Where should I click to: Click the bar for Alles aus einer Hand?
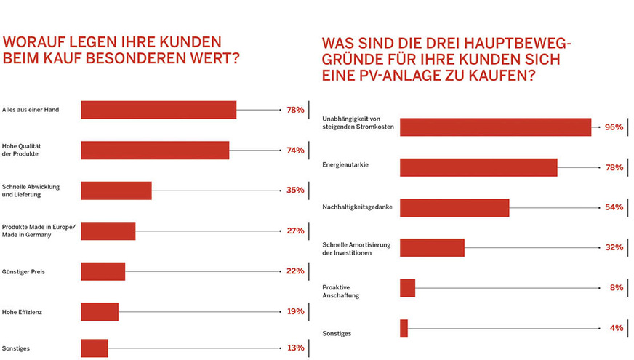[158, 110]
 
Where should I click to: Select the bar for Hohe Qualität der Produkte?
[155, 150]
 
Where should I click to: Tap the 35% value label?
[295, 191]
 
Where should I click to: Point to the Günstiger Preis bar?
[103, 271]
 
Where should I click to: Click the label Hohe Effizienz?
[23, 312]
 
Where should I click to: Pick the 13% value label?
[295, 348]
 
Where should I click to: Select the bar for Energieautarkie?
[478, 167]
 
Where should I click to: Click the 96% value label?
[614, 127]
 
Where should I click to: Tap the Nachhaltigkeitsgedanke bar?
[454, 207]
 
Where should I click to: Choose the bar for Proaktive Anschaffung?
[407, 288]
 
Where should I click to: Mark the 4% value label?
[617, 328]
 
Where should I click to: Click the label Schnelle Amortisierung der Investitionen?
[357, 249]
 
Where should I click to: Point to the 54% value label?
[614, 207]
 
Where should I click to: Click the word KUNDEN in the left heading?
[185, 41]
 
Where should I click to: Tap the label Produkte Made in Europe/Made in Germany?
[39, 231]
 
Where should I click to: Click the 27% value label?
[295, 231]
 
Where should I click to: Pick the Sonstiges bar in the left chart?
[95, 348]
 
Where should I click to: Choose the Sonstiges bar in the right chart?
[404, 328]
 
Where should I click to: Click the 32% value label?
[614, 247]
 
